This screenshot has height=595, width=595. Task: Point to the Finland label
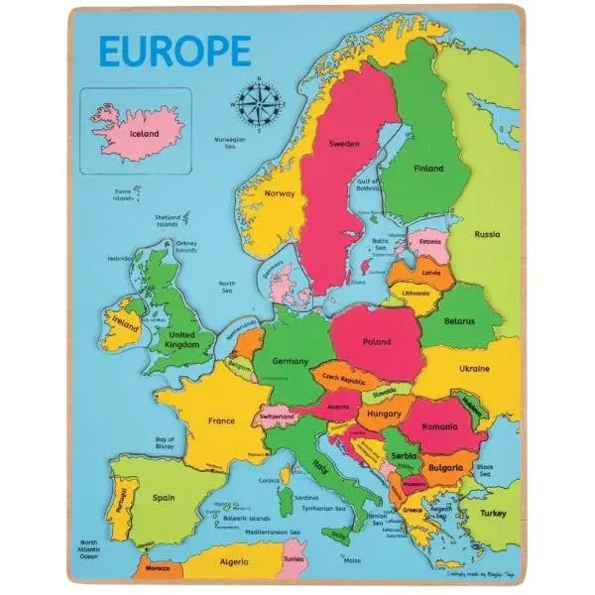tap(427, 169)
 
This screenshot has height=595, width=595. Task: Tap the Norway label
tap(281, 194)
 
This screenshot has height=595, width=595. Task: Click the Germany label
tap(291, 362)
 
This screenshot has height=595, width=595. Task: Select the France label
tap(221, 420)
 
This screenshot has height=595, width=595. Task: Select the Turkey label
tap(493, 513)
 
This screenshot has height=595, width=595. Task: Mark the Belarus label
tap(457, 321)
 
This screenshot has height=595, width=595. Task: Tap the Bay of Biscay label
tap(165, 442)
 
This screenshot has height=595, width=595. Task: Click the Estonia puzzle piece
tap(429, 242)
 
